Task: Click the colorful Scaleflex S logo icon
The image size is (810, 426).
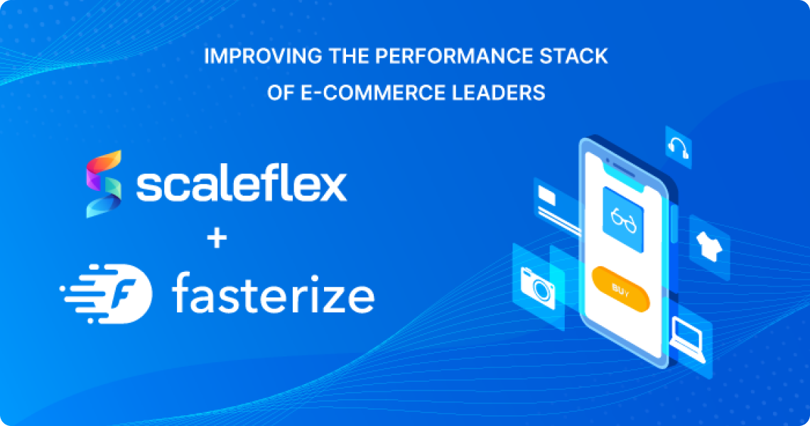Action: (103, 183)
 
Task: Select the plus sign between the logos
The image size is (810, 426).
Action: (217, 239)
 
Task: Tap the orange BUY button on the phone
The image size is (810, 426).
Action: (620, 290)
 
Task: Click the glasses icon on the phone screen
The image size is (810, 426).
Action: (623, 212)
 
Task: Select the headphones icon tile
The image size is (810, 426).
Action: (679, 147)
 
